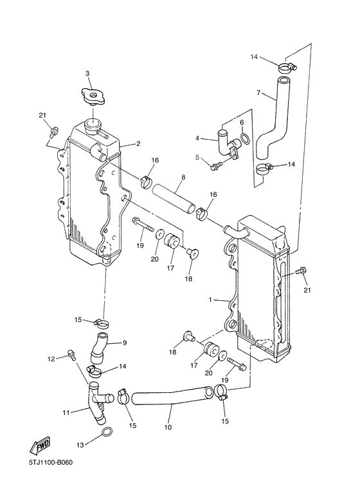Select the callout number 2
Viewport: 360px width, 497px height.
pyautogui.click(x=138, y=145)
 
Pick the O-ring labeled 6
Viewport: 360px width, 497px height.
pyautogui.click(x=244, y=141)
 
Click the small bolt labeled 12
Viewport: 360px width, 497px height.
pyautogui.click(x=71, y=354)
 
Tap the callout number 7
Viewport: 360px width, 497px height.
pyautogui.click(x=258, y=93)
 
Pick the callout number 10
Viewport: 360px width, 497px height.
pyautogui.click(x=169, y=426)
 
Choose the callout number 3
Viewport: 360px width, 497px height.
pyautogui.click(x=87, y=73)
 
